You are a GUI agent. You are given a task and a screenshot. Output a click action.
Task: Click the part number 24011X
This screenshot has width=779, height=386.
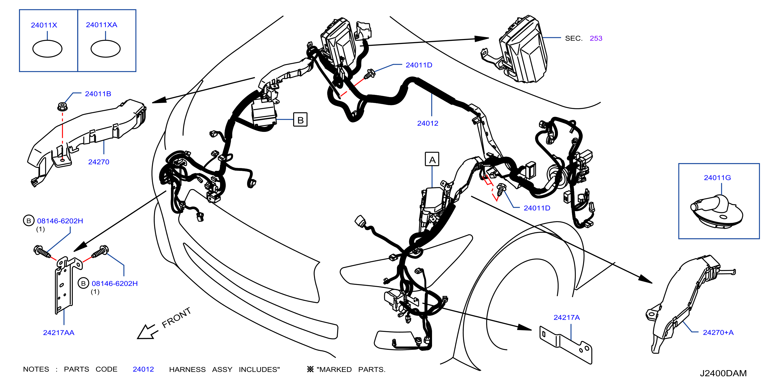[x=44, y=25]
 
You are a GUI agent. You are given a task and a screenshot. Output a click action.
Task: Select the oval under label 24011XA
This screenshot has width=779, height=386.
[x=106, y=49]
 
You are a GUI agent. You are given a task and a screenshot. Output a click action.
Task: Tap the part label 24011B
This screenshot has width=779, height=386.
[x=98, y=94]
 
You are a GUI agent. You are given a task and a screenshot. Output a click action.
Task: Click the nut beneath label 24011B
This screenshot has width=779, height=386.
[x=62, y=106]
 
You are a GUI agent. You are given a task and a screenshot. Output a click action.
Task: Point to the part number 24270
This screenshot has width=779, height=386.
[x=99, y=162]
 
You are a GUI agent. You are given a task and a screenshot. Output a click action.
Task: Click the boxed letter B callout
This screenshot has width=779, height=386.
[x=300, y=120]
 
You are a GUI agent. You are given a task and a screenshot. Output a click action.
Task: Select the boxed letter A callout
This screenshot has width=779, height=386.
[x=432, y=159]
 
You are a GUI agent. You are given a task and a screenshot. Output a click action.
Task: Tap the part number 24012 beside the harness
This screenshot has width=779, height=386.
[x=428, y=123]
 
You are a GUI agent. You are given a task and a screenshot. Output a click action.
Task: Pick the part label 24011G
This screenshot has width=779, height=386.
[x=717, y=178]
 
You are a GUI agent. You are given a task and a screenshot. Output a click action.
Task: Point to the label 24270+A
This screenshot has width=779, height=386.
[x=718, y=332]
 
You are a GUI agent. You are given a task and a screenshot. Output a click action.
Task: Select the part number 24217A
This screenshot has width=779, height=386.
[x=566, y=317]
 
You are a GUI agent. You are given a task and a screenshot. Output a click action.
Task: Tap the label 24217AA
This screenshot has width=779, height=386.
[x=59, y=332]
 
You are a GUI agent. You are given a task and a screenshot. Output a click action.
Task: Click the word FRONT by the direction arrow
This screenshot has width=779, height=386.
[x=176, y=318]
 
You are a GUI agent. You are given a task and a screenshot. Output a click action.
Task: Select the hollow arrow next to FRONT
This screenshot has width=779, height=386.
[x=147, y=332]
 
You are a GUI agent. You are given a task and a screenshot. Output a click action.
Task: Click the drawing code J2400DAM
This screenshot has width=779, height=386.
[x=723, y=373]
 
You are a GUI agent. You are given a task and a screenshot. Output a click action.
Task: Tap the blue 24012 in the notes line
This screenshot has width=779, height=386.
[x=143, y=369]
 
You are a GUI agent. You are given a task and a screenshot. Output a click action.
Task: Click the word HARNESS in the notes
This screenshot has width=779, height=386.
[x=187, y=369]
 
